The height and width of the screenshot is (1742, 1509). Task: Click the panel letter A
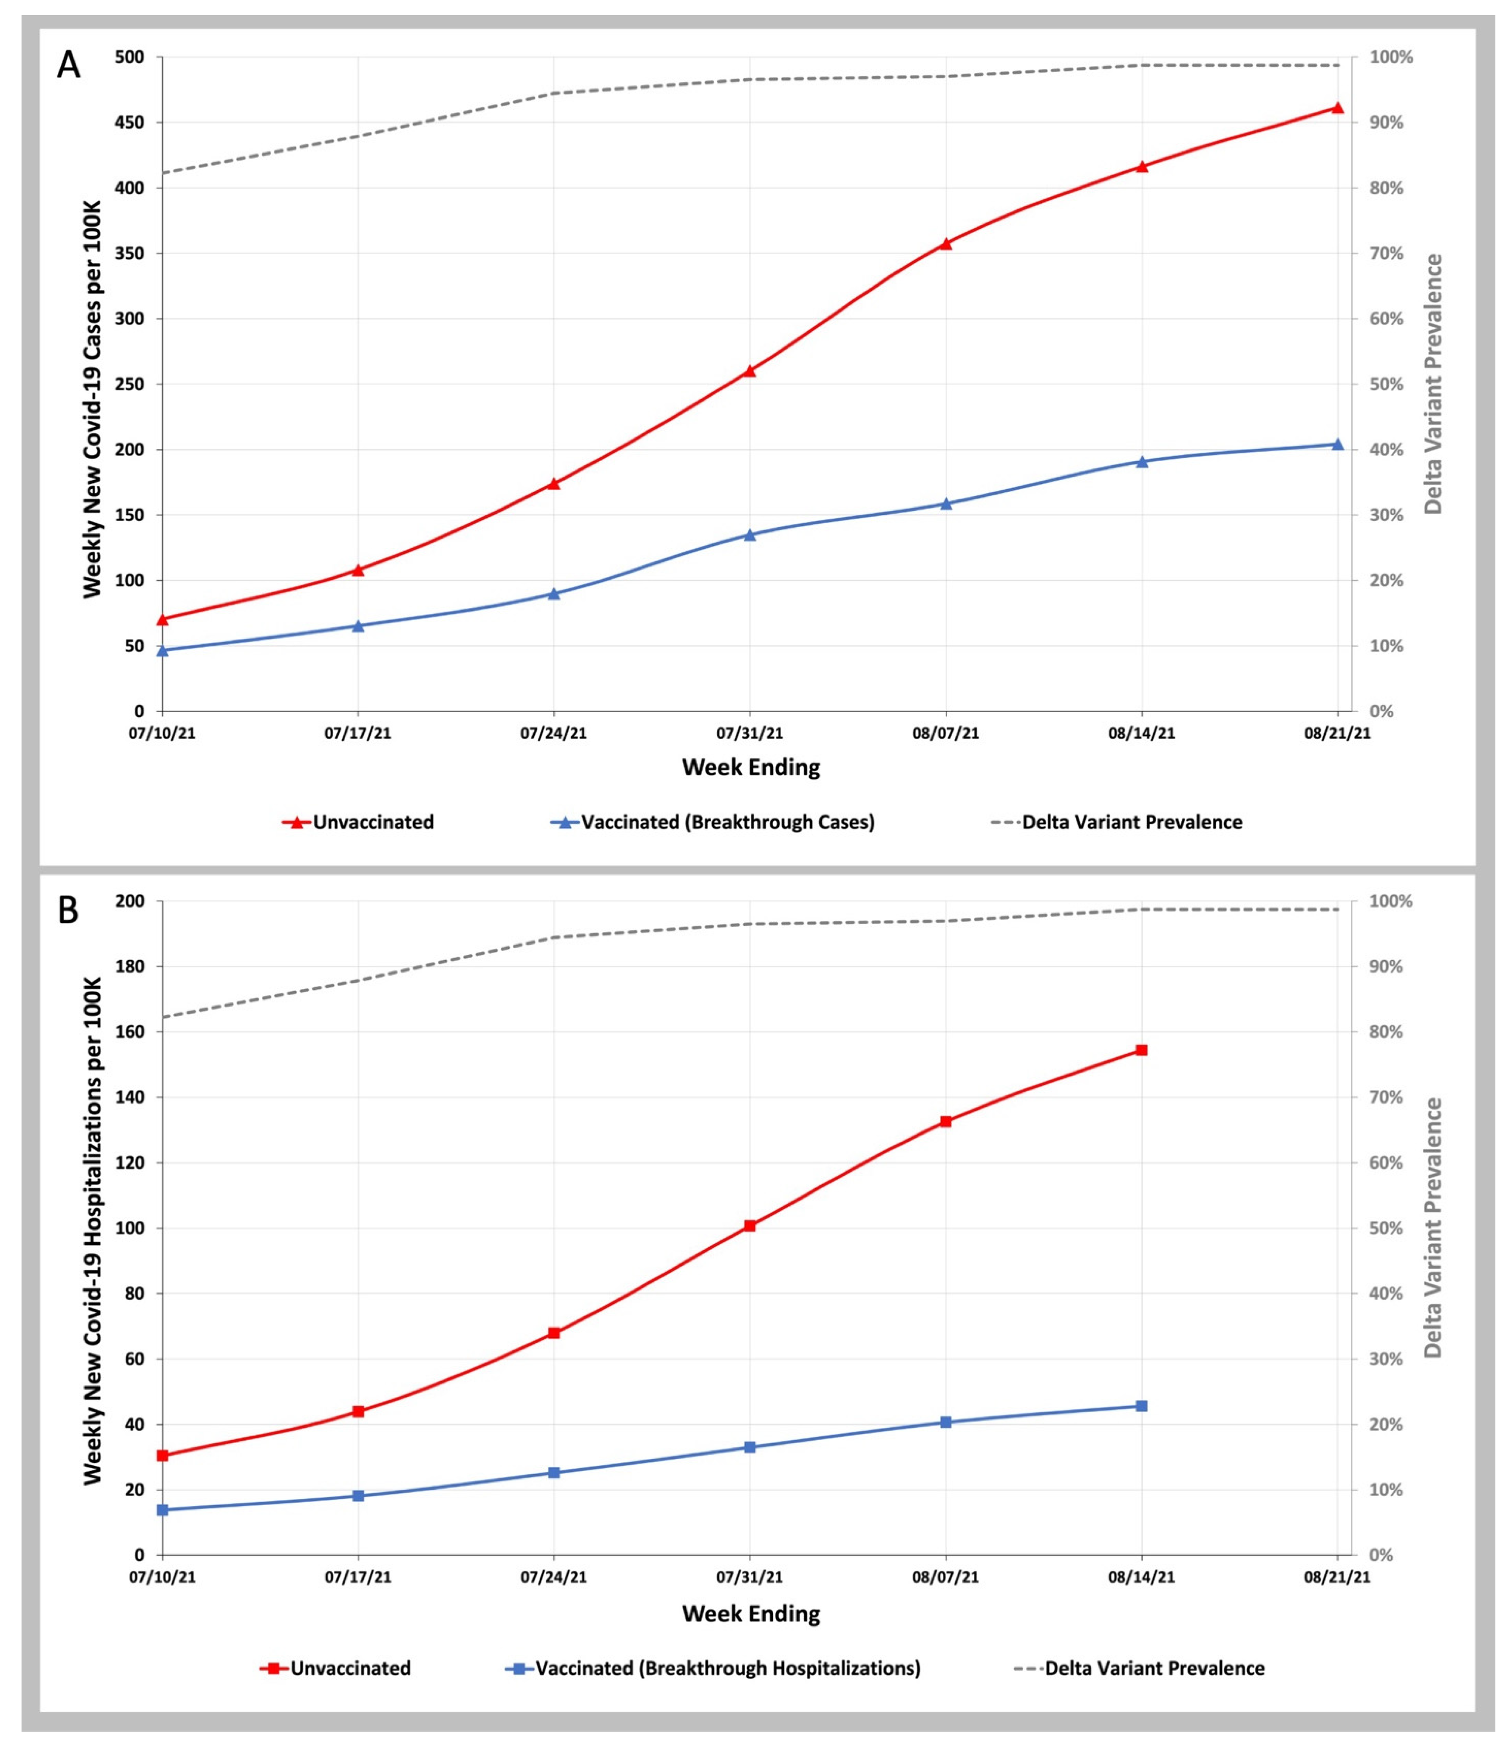68,65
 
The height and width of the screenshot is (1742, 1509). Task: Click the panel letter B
68,910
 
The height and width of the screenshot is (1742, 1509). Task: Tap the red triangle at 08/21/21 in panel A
1337,108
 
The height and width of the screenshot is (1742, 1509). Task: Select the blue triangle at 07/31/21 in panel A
749,534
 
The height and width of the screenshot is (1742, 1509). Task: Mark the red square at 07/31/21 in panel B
749,1226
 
